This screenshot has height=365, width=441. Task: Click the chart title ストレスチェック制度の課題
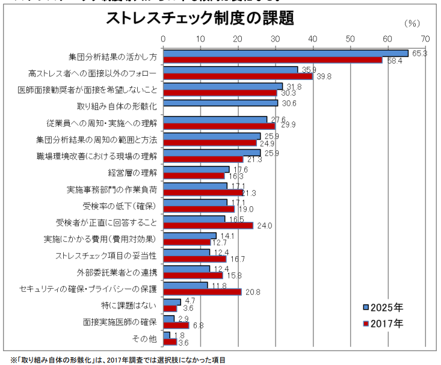click(200, 19)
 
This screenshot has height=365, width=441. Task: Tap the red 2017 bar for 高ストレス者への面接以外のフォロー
click(238, 76)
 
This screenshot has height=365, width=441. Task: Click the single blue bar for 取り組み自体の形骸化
click(220, 103)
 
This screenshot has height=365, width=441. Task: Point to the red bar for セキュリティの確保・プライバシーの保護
click(202, 292)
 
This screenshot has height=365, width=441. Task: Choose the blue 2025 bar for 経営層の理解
click(196, 170)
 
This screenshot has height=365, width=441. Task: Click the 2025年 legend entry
click(386, 307)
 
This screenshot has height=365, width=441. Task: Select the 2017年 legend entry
click(386, 324)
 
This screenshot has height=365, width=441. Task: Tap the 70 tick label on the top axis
click(425, 38)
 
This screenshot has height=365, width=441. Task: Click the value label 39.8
click(324, 76)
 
